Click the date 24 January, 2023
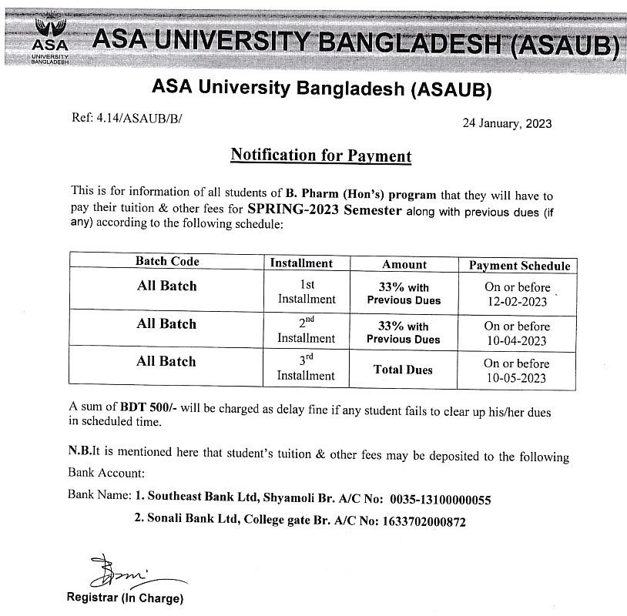pyautogui.click(x=507, y=123)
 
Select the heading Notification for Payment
pyautogui.click(x=321, y=156)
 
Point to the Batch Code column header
pyautogui.click(x=167, y=262)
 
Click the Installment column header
pyautogui.click(x=301, y=263)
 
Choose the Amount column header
pyautogui.click(x=404, y=264)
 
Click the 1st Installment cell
pyautogui.click(x=307, y=291)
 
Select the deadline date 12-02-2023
pyautogui.click(x=517, y=302)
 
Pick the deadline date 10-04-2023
pyautogui.click(x=517, y=340)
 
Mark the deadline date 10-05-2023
pyautogui.click(x=517, y=377)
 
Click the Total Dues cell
pyautogui.click(x=403, y=370)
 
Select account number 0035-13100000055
pyautogui.click(x=440, y=500)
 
